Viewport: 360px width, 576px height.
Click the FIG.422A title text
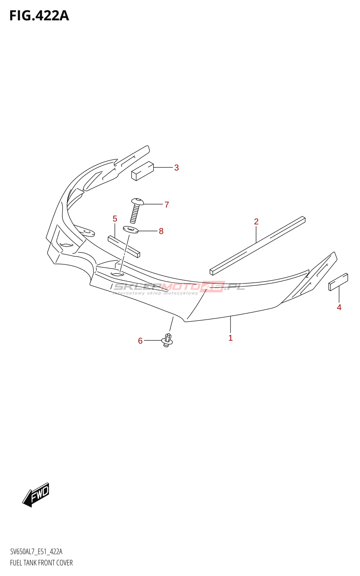coord(39,16)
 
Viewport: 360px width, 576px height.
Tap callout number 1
coord(230,338)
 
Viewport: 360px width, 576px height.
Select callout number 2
coord(256,221)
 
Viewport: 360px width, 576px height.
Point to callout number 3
coord(176,167)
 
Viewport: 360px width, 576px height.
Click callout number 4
coord(339,307)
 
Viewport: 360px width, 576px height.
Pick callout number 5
coord(115,219)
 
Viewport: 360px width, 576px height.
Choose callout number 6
coord(140,341)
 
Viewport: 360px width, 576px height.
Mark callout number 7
coord(167,204)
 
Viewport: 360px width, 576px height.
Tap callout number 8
coord(161,231)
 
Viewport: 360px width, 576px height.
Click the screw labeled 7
coord(136,210)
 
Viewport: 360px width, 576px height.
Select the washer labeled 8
coord(131,229)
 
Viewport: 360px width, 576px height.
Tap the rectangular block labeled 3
coord(143,171)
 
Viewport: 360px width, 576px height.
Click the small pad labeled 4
coord(338,282)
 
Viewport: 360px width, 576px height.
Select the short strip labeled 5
coord(124,247)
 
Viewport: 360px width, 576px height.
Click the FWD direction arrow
coord(36,495)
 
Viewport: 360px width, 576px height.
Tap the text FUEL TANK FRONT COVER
coord(41,563)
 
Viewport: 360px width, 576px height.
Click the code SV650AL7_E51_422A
coord(36,552)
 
